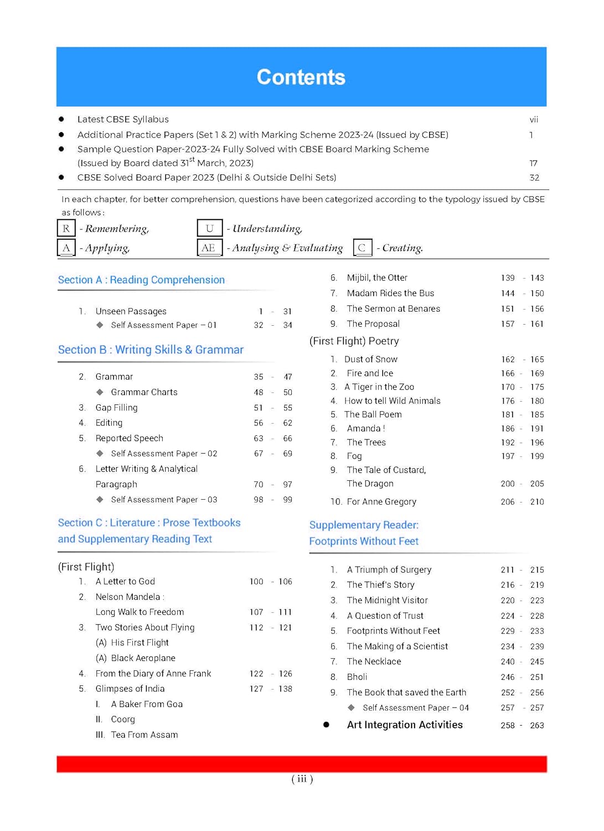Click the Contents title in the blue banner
coord(301,78)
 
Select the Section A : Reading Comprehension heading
coord(141,280)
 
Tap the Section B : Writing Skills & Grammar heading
coord(151,350)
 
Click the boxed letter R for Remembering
coord(66,228)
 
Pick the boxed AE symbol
coord(209,248)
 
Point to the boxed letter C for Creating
coord(362,248)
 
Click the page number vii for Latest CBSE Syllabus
coord(534,120)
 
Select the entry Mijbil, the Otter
coord(377,278)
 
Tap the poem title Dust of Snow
coord(371,360)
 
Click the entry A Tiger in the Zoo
coord(379,387)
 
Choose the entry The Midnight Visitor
coord(388,601)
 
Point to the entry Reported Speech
coord(129,439)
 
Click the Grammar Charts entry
coord(144,392)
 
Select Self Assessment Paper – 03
coord(164,500)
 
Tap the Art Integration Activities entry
coord(405,725)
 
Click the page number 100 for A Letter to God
coord(256,582)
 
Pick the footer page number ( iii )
coord(302,779)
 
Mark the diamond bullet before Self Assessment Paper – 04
coord(351,707)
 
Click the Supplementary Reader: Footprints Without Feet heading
coord(364,533)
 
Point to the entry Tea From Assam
coord(144,735)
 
